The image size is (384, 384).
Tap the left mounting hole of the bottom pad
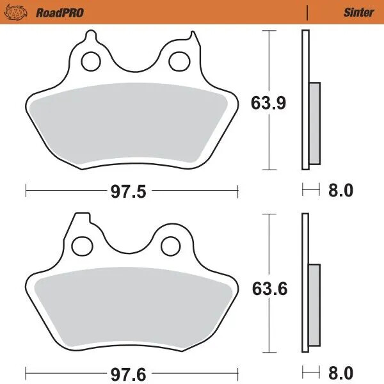click(x=81, y=244)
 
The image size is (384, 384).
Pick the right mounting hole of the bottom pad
click(x=170, y=244)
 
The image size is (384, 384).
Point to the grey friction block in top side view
click(x=314, y=123)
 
